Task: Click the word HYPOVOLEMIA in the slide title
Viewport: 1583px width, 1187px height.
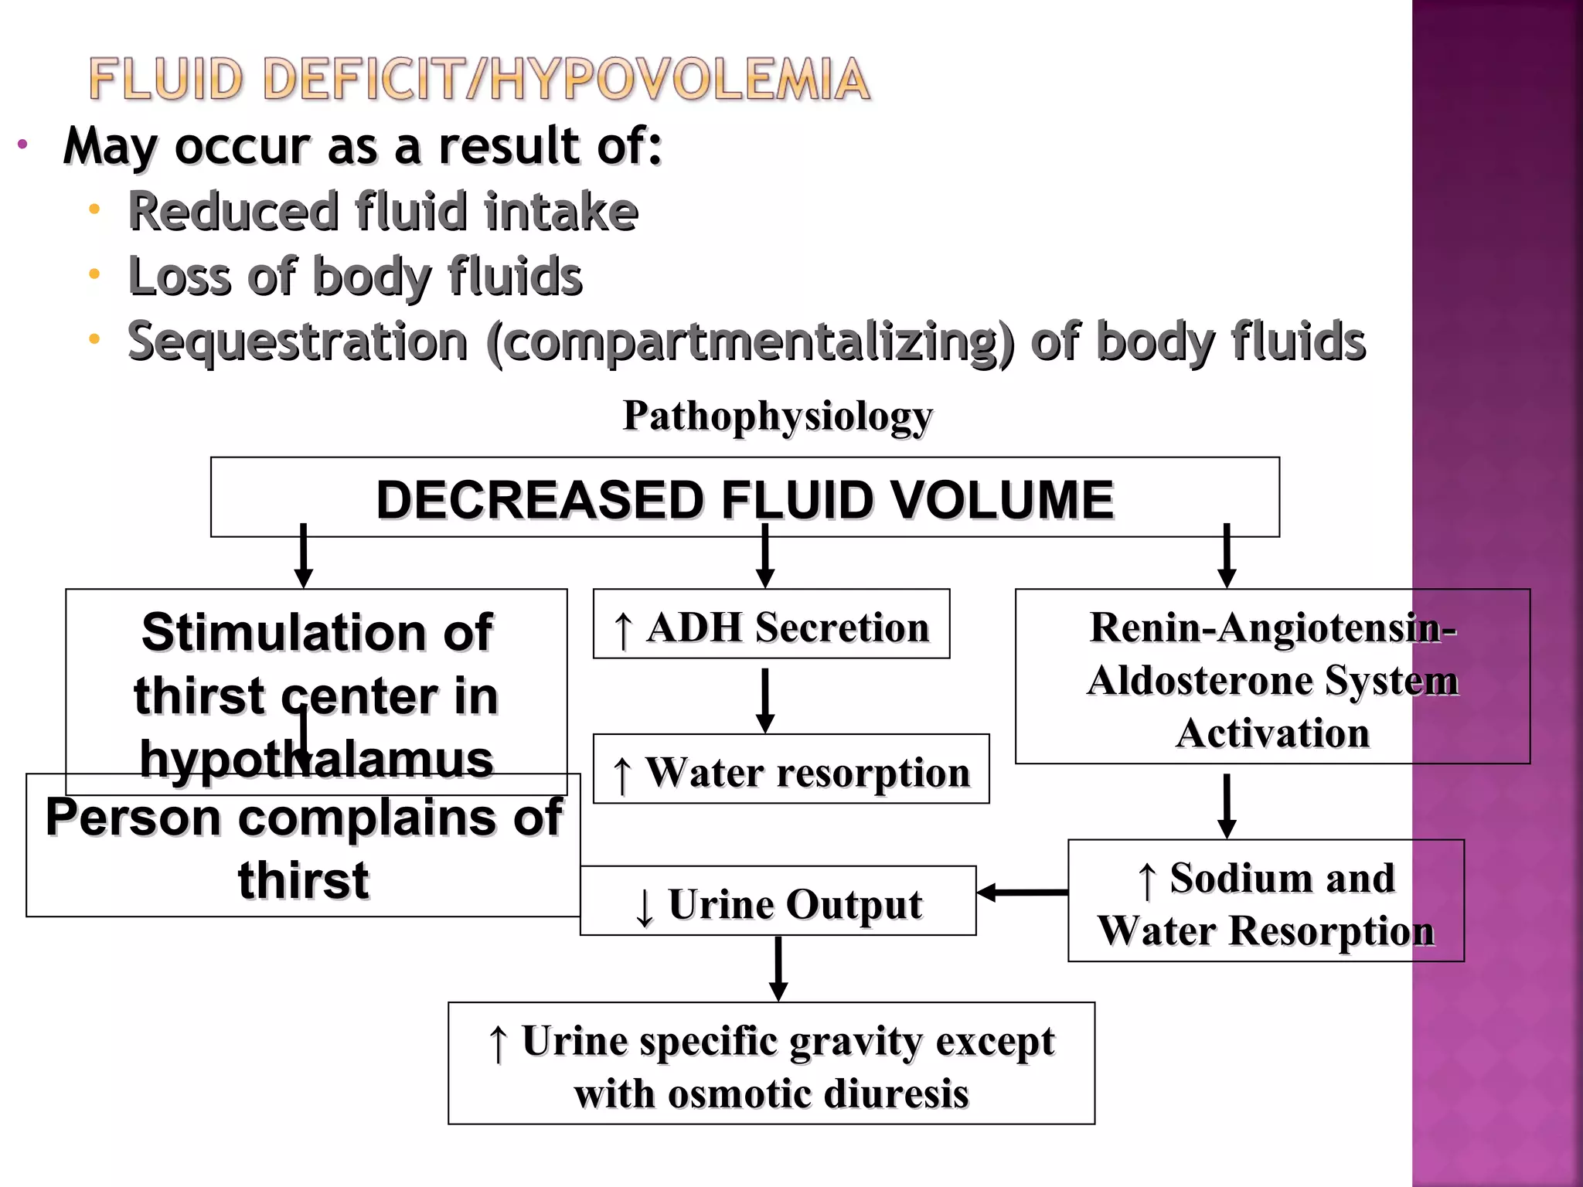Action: (680, 80)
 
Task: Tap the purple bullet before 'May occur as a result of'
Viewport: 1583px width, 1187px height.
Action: (22, 144)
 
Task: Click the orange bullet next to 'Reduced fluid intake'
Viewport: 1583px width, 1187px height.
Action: (94, 209)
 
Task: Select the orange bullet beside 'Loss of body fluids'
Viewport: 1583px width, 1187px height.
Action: (94, 274)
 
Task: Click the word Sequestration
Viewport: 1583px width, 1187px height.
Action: (298, 342)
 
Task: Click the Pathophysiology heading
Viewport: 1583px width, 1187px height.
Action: (778, 416)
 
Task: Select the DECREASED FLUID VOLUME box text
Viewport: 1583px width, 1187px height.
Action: (744, 499)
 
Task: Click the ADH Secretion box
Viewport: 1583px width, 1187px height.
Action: (771, 625)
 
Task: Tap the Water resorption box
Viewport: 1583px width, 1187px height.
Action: (790, 770)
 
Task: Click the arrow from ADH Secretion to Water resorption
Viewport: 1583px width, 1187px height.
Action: (765, 699)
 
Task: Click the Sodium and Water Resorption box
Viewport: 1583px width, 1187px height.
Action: (1265, 902)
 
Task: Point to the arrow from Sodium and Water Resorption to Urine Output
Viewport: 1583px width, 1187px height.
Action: (1022, 893)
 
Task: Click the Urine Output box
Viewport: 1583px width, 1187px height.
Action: (778, 903)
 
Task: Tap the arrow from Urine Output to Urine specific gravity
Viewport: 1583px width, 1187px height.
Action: (778, 968)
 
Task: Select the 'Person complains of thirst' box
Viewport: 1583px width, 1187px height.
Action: (303, 849)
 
